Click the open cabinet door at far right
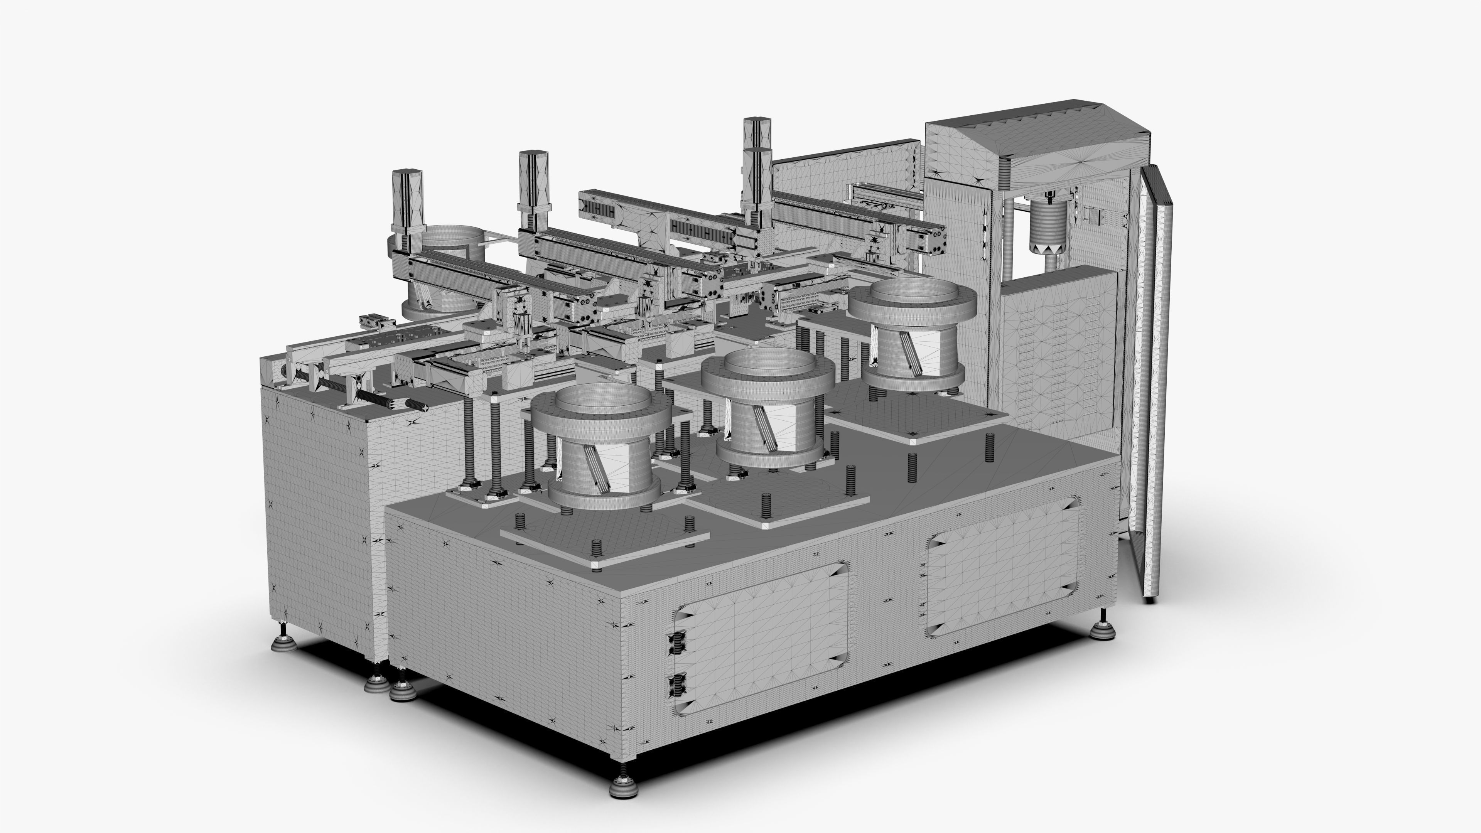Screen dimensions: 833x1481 (1155, 379)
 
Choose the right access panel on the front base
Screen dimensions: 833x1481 (1003, 566)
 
